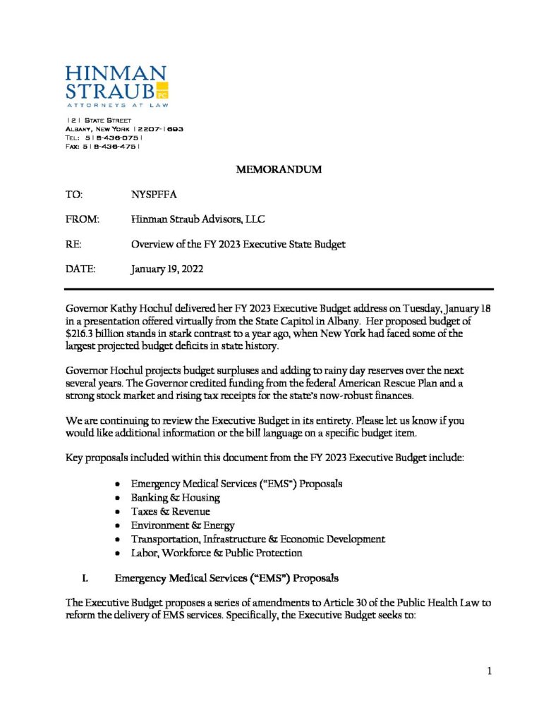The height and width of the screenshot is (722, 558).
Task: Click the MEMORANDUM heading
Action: pos(279,169)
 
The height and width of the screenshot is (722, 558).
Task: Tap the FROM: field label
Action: pos(83,219)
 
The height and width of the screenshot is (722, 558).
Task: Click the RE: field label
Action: pos(73,245)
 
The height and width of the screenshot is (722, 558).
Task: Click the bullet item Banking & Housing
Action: pos(176,497)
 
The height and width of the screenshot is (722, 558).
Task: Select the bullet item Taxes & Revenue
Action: pos(170,511)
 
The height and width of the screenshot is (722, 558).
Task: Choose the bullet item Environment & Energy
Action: pos(183,525)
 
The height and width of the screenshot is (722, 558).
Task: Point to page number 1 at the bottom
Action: pos(488,671)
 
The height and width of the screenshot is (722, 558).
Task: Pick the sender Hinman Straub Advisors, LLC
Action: pos(198,219)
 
